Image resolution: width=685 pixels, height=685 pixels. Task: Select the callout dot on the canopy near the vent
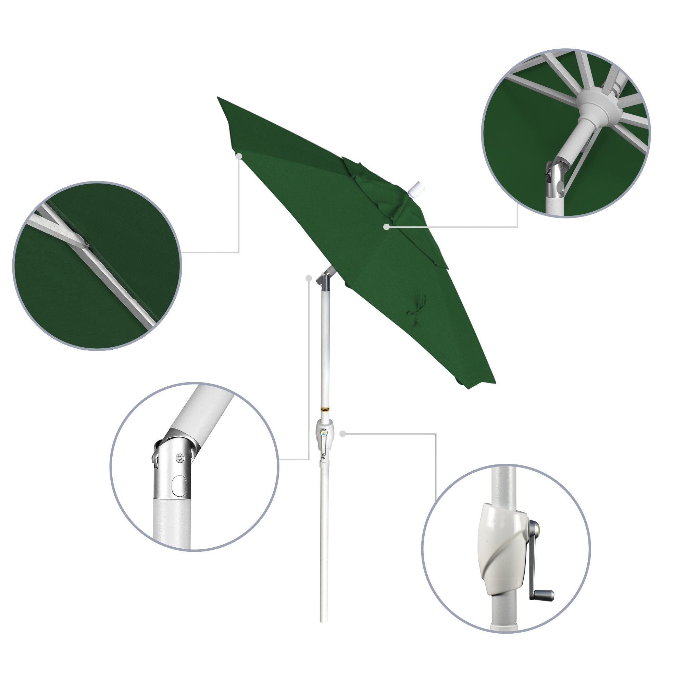[386, 226]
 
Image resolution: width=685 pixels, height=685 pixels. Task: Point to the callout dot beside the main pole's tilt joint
[309, 278]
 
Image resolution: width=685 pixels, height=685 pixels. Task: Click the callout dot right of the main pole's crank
[342, 434]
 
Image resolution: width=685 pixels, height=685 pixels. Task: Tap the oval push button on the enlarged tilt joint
[179, 485]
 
